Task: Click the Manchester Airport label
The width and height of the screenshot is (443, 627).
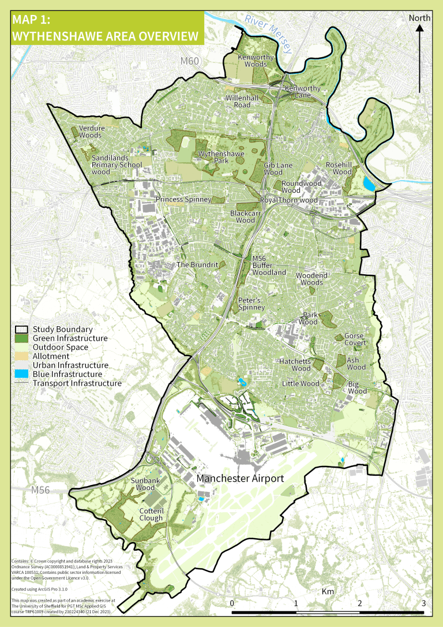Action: click(x=241, y=479)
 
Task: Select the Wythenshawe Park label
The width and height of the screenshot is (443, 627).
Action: click(x=221, y=158)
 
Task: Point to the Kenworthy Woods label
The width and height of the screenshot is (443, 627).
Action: click(x=255, y=61)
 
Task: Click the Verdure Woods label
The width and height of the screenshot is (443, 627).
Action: click(x=90, y=132)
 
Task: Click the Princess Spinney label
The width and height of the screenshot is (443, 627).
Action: click(x=183, y=199)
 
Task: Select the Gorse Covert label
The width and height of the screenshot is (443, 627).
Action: click(x=355, y=339)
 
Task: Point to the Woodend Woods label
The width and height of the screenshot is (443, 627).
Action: click(x=312, y=279)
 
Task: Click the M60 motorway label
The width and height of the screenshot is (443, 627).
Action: click(x=189, y=61)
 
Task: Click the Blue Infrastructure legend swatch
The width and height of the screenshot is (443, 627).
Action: click(x=22, y=374)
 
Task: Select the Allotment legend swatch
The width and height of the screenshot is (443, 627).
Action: click(x=22, y=356)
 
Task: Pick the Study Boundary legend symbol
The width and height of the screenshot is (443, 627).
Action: click(x=22, y=329)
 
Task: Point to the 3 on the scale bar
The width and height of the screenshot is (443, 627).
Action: click(x=424, y=603)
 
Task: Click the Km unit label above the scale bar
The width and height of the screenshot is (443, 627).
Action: click(x=328, y=592)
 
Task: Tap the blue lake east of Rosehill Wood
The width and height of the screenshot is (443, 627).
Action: click(x=368, y=185)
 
